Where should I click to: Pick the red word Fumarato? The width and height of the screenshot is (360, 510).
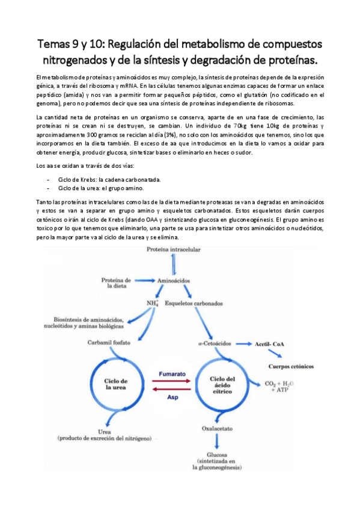pos(172,374)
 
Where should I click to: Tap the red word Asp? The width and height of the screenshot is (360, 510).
pos(173,398)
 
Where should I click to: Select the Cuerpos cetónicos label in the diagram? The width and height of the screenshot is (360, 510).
pos(291,366)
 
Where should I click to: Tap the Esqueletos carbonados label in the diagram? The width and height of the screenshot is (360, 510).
pos(195,303)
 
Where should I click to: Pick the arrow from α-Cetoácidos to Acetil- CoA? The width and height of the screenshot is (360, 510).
pos(242,344)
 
